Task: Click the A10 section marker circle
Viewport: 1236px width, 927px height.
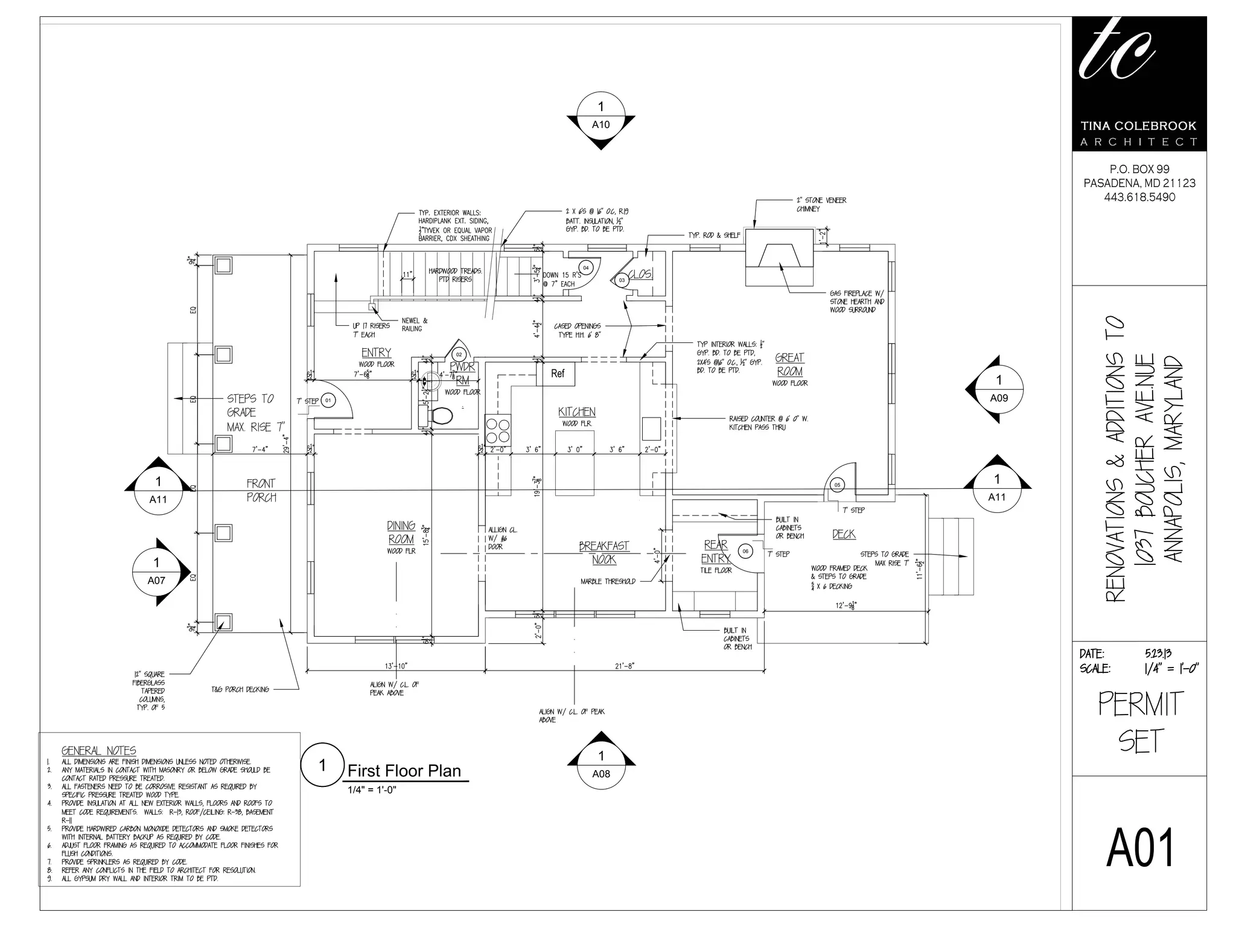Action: click(x=600, y=116)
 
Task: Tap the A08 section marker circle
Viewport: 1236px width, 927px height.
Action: click(x=600, y=765)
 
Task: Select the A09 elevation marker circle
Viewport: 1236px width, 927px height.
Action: click(x=999, y=389)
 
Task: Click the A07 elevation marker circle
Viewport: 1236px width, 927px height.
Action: click(x=156, y=572)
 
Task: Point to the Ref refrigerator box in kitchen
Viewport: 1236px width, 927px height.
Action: click(x=556, y=374)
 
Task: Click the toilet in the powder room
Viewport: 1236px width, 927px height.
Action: click(x=439, y=415)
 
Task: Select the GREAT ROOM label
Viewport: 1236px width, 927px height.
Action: click(x=789, y=365)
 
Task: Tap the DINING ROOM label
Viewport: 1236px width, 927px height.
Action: click(x=401, y=532)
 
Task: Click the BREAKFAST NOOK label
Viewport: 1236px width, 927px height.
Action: click(x=604, y=552)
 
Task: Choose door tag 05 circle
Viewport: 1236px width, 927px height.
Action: click(x=836, y=485)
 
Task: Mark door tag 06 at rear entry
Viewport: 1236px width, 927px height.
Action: click(x=745, y=551)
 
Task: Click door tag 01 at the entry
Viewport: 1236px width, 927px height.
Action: click(x=328, y=400)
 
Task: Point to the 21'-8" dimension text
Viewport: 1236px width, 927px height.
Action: click(x=624, y=666)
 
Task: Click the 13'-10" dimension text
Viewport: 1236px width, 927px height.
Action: click(x=395, y=666)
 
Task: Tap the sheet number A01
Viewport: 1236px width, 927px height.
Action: click(x=1139, y=848)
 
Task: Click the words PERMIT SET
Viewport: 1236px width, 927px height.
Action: click(x=1139, y=722)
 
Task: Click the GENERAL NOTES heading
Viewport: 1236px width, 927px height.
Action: click(x=99, y=750)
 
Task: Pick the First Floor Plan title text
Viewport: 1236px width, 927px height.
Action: click(x=404, y=771)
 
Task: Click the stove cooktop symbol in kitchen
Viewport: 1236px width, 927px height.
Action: click(x=498, y=430)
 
